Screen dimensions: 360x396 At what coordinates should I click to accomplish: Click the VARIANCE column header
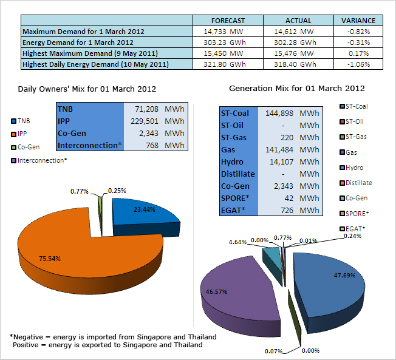[x=363, y=20]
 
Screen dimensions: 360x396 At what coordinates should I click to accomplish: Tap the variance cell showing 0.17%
[x=363, y=53]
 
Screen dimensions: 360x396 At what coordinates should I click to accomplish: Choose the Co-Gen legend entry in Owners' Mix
[x=28, y=147]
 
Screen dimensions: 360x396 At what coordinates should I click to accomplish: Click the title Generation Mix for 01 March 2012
[x=296, y=89]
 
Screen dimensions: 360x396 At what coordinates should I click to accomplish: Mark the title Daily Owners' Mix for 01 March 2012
[x=87, y=89]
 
